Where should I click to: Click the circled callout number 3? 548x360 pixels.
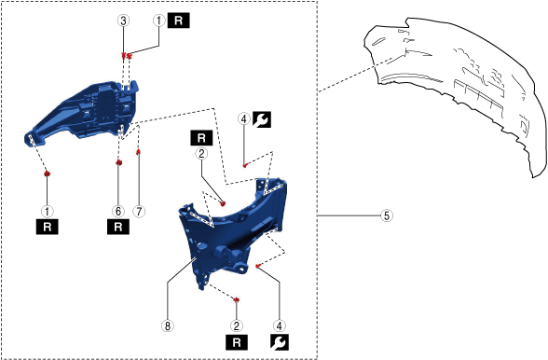click(123, 21)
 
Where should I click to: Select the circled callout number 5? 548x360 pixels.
click(387, 215)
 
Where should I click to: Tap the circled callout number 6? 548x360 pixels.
click(118, 212)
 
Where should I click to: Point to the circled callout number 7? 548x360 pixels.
click(139, 212)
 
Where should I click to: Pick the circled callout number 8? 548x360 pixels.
click(168, 326)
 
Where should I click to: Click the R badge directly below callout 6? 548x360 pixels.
click(118, 227)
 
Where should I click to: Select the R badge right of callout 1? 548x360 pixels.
click(179, 21)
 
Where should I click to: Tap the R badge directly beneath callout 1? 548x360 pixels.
click(48, 227)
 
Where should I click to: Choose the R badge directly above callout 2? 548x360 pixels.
click(201, 138)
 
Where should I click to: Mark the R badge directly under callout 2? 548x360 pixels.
click(237, 341)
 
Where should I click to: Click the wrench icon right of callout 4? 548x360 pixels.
click(261, 119)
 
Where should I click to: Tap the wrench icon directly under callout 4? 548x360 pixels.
click(280, 341)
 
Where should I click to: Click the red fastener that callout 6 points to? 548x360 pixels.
click(119, 162)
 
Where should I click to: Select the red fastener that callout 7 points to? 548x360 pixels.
click(138, 151)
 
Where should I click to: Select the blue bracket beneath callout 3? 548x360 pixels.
click(84, 112)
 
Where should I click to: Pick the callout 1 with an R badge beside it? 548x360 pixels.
click(159, 21)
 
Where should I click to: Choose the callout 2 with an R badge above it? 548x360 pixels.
click(201, 154)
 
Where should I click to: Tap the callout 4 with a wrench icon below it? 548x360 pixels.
click(280, 326)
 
